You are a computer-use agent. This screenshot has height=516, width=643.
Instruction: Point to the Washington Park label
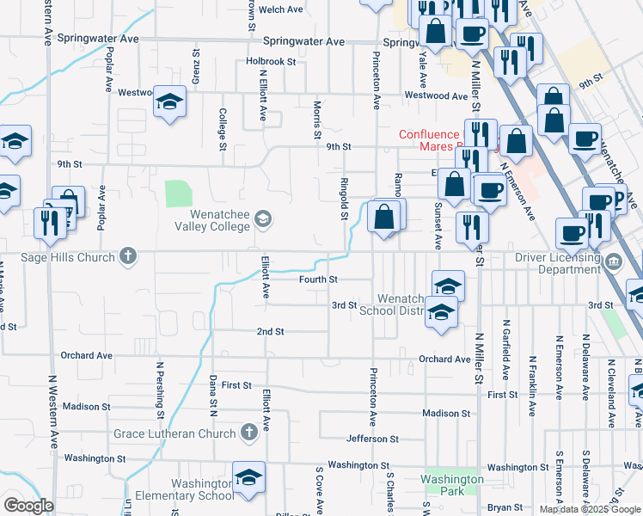[x=453, y=485]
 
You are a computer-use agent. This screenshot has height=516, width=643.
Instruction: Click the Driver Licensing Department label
[x=556, y=263]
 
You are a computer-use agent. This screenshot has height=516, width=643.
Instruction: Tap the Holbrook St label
[x=270, y=62]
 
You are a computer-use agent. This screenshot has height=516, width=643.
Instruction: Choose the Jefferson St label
[x=372, y=439]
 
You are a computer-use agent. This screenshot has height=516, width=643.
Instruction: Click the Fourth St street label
[x=317, y=279]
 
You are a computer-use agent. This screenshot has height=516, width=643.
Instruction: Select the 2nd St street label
[x=270, y=331]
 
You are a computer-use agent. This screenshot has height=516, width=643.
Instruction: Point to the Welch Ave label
[x=282, y=9]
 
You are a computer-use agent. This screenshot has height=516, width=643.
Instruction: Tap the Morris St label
[x=317, y=120]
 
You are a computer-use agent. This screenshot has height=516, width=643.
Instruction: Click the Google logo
[x=28, y=506]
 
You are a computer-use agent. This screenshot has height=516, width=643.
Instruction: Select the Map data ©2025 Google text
[x=590, y=509]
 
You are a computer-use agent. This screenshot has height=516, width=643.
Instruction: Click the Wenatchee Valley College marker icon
[x=263, y=221]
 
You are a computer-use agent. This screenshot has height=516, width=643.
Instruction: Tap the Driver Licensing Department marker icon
[x=614, y=261]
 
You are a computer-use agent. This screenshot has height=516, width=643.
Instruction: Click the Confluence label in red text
[x=429, y=134]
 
